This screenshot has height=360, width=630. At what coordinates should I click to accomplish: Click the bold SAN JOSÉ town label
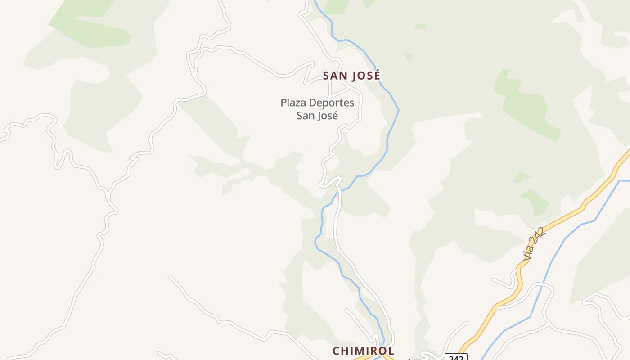point(351,76)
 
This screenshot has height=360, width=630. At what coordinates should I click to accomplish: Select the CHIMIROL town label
point(363,351)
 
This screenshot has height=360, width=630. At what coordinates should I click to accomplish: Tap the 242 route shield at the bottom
point(456,357)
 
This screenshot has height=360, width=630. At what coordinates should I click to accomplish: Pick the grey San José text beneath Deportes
point(317,116)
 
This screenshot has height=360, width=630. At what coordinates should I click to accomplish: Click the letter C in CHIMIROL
point(336,351)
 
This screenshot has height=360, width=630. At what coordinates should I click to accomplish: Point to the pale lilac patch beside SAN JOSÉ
point(323,72)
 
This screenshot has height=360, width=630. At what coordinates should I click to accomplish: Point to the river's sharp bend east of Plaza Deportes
point(398,110)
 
